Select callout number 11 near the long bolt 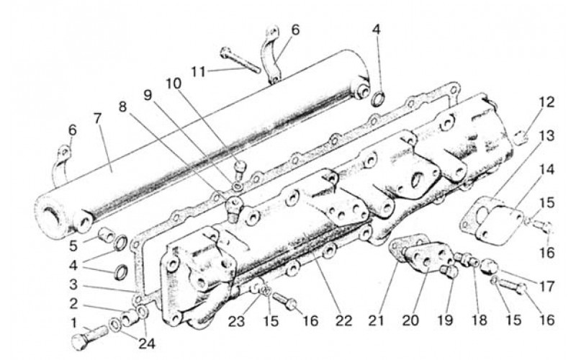(198, 71)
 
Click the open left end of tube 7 (55, 213)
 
